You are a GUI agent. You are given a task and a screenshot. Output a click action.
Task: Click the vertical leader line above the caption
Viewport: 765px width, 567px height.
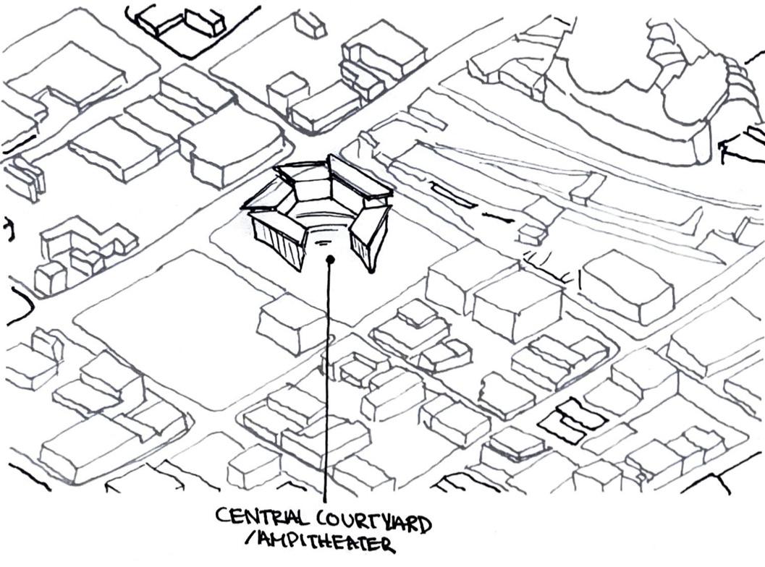[x=327, y=376]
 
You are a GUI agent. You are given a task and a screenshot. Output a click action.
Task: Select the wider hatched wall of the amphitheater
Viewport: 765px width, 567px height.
[x=276, y=240]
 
